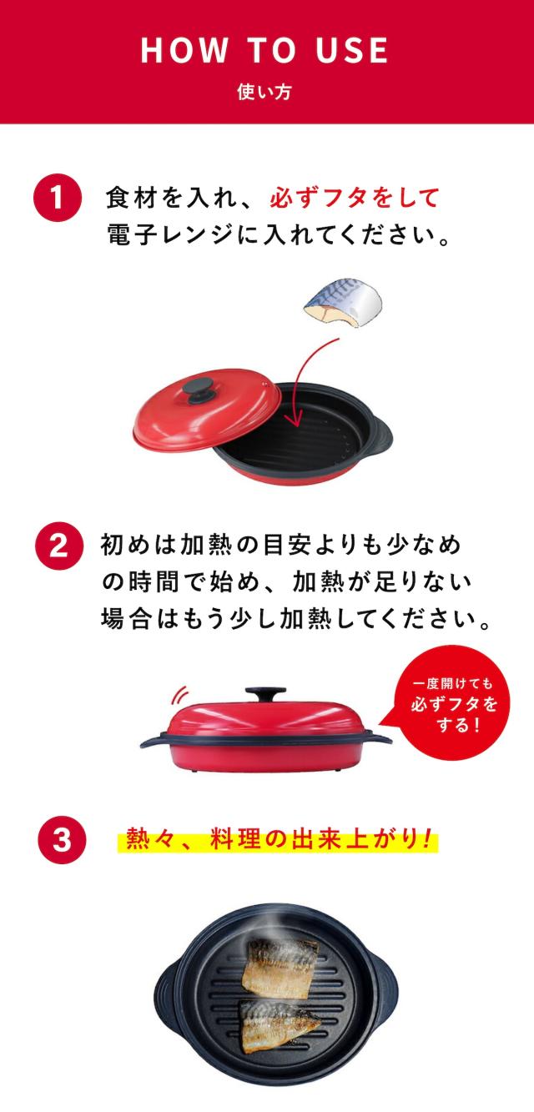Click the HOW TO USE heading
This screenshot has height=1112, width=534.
pyautogui.click(x=264, y=51)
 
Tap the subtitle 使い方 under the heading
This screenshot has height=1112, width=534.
pyautogui.click(x=264, y=93)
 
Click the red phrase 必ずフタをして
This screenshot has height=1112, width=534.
pyautogui.click(x=354, y=198)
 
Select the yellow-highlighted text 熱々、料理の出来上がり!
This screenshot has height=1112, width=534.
pyautogui.click(x=278, y=838)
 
